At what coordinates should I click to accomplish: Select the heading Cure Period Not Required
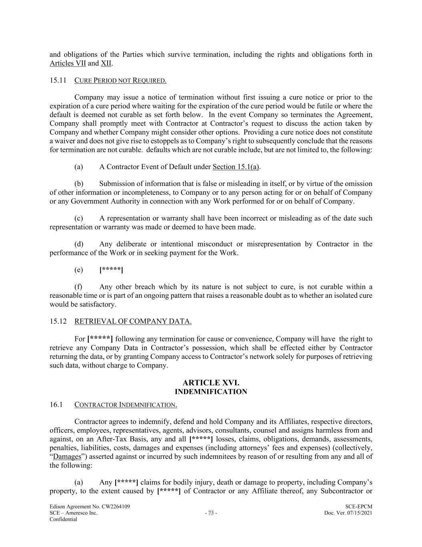120,81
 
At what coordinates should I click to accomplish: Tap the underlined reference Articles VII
68,63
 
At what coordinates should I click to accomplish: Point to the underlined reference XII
106,63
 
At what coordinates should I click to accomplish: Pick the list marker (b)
79,184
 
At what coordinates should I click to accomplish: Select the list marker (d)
79,244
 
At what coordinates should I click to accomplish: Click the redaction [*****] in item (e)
111,270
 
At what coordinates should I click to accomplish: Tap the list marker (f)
78,287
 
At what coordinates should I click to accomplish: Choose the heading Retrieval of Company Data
133,321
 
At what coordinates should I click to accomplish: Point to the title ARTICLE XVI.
211,383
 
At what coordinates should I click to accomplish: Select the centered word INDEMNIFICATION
211,392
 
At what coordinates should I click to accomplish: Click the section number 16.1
56,405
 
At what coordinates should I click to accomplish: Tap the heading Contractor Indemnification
126,405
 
